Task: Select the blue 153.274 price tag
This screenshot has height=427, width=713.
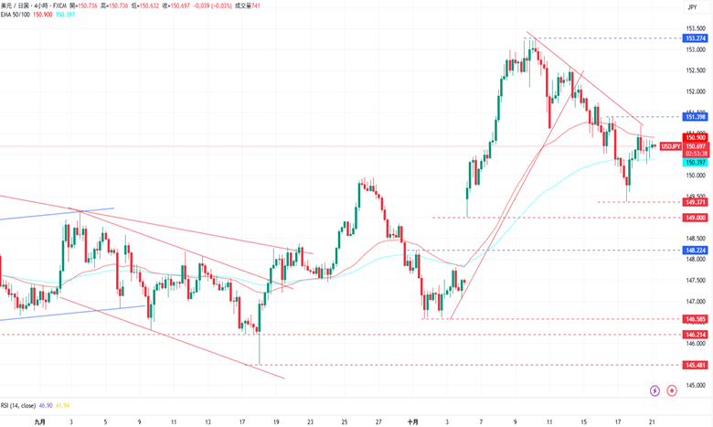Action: point(696,38)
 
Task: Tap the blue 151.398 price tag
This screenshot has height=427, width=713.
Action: point(696,117)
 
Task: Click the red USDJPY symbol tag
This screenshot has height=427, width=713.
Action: point(670,145)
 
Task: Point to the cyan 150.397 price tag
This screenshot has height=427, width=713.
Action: point(696,162)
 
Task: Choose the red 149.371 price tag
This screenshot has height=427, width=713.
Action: point(696,201)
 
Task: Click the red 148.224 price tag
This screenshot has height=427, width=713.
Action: point(696,250)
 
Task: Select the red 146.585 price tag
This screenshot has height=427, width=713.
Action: point(696,318)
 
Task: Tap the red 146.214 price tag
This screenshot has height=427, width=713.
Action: point(696,335)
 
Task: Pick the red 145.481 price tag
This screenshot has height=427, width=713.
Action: point(696,365)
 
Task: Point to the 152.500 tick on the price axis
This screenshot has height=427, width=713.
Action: point(696,70)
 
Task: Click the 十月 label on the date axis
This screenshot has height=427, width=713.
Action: point(412,422)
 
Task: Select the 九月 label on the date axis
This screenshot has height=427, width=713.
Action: point(38,422)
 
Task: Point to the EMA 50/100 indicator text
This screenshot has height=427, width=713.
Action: point(18,16)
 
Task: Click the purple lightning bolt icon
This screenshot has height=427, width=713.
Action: point(654,390)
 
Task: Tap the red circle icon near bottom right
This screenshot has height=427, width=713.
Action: point(672,390)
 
